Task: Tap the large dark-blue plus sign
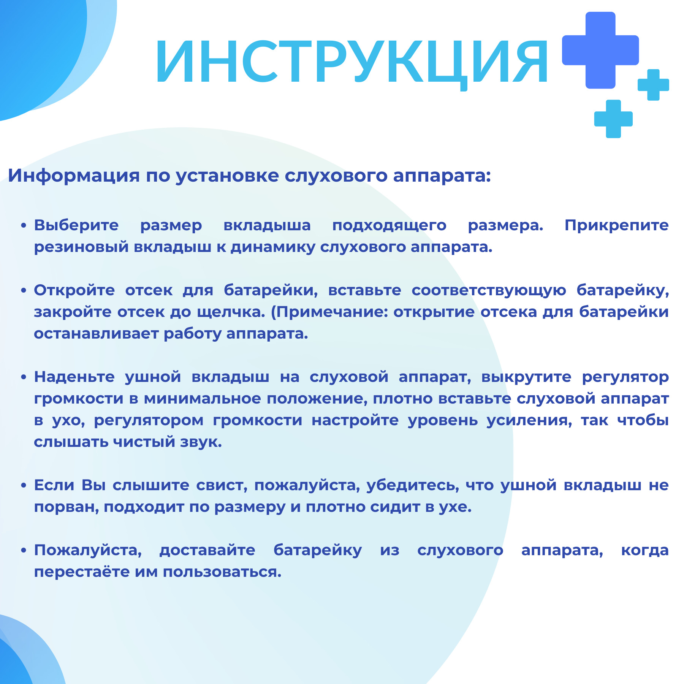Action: pos(600,50)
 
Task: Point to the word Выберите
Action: pos(76,225)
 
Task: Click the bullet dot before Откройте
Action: pos(24,291)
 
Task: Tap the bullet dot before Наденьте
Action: pos(24,377)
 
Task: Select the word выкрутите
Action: pos(526,377)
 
